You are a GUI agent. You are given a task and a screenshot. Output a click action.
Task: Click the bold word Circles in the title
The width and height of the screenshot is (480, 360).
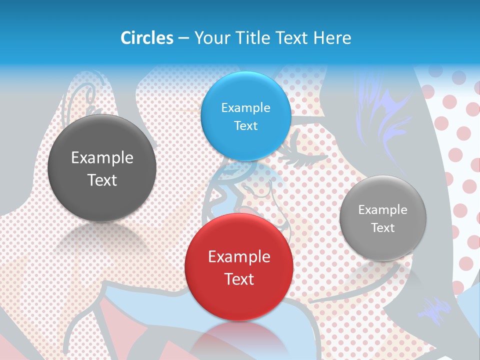pos(146,38)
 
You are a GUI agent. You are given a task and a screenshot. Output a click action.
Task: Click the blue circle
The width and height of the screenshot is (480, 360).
pos(245,116)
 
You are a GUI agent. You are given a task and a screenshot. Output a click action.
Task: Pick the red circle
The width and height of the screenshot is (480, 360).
pos(239,267)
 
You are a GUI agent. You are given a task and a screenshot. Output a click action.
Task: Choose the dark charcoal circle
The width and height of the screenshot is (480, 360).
pos(102,168)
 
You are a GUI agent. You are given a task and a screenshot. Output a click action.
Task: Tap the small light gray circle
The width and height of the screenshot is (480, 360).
pos(382,218)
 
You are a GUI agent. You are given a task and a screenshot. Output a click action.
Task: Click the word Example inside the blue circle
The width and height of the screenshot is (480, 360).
pos(245,107)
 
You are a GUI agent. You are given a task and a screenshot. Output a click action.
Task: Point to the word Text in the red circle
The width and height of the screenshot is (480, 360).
pos(239,279)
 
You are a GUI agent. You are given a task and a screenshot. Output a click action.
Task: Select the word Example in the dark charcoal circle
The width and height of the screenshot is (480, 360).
pos(102,158)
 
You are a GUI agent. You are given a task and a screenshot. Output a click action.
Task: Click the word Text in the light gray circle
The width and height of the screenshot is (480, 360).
pos(383,228)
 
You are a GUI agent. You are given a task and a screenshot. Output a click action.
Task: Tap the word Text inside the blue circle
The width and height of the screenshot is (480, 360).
pos(245,125)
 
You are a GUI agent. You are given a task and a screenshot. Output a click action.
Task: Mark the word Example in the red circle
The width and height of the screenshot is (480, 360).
pos(239,257)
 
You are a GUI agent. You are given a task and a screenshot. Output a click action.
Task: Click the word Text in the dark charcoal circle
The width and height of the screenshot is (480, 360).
pos(102,180)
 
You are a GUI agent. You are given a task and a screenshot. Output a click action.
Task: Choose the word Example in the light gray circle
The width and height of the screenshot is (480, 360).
pos(382,209)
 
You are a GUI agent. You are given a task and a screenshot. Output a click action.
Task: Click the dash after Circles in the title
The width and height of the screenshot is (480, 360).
pos(183,38)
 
